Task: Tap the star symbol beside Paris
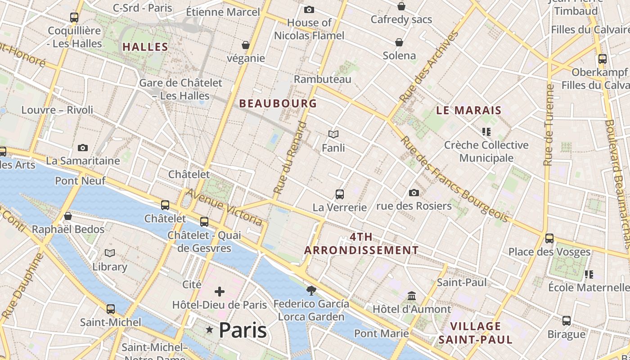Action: [x=209, y=330]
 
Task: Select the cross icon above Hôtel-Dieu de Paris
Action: [x=220, y=292]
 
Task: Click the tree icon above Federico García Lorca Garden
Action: [x=311, y=290]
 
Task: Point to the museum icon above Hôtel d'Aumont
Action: [x=412, y=296]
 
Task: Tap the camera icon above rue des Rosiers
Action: [x=414, y=193]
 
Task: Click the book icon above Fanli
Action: [x=333, y=134]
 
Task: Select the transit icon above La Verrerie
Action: [x=340, y=194]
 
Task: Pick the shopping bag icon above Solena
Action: [x=399, y=42]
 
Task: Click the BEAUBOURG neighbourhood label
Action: [x=278, y=103]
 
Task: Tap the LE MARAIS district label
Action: [x=469, y=110]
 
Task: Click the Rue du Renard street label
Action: [x=291, y=157]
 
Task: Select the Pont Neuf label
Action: [x=80, y=181]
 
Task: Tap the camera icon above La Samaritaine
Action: [x=83, y=148]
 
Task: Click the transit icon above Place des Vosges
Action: [x=549, y=238]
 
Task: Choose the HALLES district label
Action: [x=145, y=47]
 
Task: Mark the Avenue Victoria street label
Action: [x=224, y=207]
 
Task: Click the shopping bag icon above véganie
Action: [x=246, y=45]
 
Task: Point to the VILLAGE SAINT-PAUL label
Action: [x=476, y=333]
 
